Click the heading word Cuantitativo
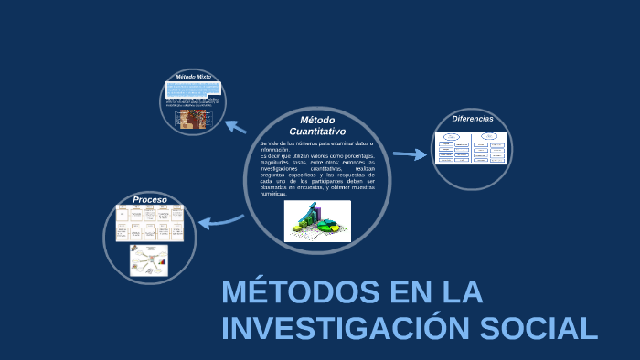point(317,132)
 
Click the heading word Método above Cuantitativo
point(317,121)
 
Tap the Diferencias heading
point(473,119)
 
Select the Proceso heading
point(150,199)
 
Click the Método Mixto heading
point(193,77)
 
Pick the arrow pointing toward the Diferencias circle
point(410,154)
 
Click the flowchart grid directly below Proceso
point(149,223)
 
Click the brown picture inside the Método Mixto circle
point(191,120)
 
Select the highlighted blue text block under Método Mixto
point(192,90)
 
